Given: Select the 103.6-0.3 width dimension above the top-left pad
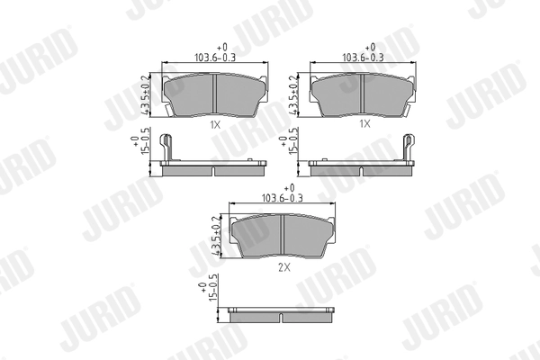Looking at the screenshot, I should pos(214,57).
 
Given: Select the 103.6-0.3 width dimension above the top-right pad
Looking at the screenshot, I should pos(364,57).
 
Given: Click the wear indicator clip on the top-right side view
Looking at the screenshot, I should pos(409,146).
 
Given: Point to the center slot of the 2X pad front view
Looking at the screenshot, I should pos(282,237).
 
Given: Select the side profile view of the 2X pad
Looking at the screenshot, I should pos(282,315).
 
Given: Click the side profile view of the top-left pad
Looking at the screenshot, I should pos(214,167).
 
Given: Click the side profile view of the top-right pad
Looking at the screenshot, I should pos(360,167).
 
